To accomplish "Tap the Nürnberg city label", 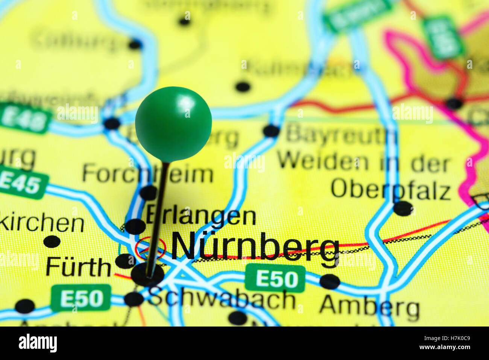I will [255, 247].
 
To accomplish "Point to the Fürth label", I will [78, 267].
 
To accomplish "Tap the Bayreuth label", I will [340, 134].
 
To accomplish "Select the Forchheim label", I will [147, 174].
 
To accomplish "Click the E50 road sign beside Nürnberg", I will [275, 279].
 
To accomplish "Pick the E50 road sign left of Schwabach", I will [81, 298].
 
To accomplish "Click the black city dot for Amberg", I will [330, 282].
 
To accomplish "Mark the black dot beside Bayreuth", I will [271, 131].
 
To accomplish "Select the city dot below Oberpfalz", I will [403, 208].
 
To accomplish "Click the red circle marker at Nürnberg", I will [150, 248].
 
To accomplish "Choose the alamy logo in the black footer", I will [38, 343].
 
